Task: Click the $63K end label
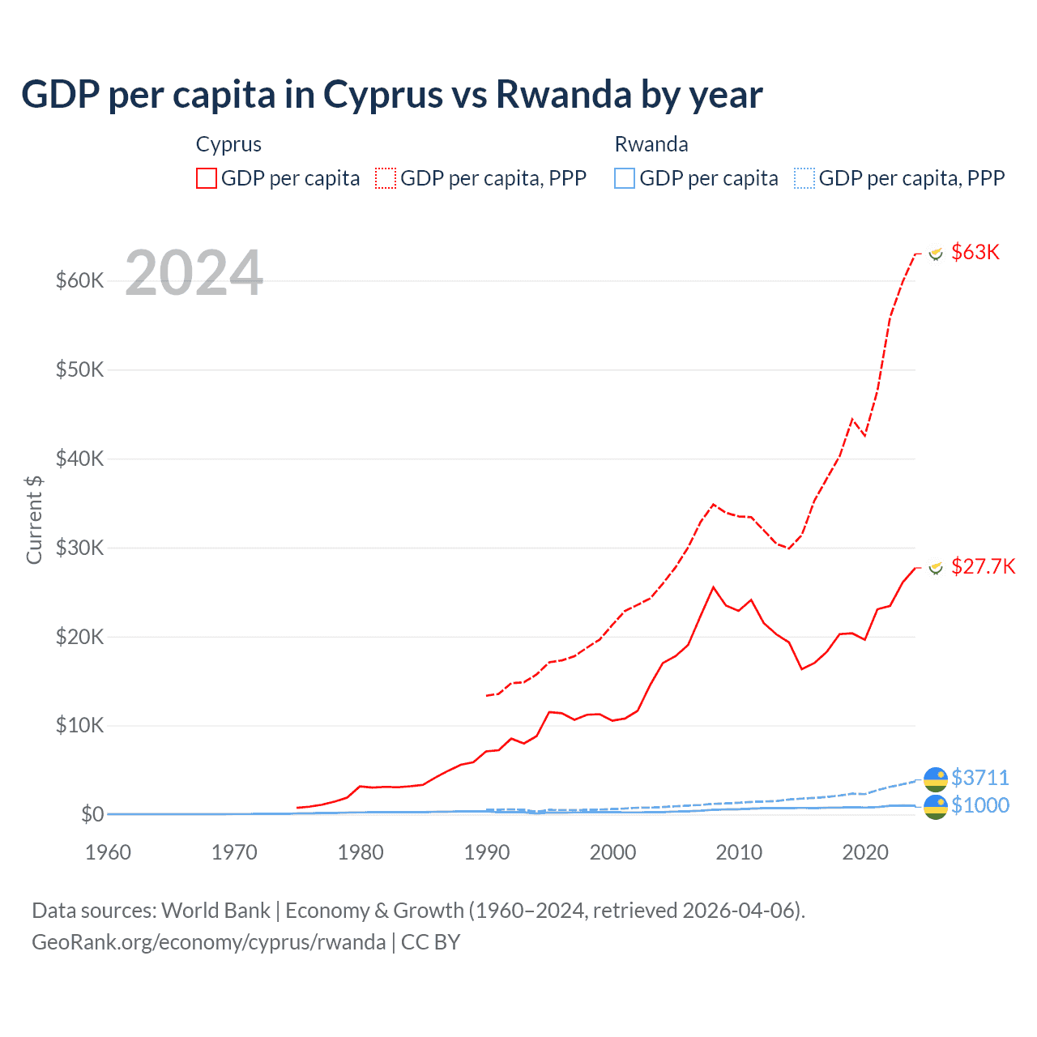pyautogui.click(x=975, y=252)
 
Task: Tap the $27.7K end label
pyautogui.click(x=982, y=566)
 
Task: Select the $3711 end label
pyautogui.click(x=979, y=778)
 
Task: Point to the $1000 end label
pyautogui.click(x=979, y=805)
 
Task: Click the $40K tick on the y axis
pyautogui.click(x=79, y=459)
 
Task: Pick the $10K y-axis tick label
pyautogui.click(x=79, y=725)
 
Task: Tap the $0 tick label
pyautogui.click(x=92, y=814)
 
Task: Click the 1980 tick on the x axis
pyautogui.click(x=361, y=852)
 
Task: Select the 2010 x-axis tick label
pyautogui.click(x=739, y=852)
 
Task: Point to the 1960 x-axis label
pyautogui.click(x=108, y=852)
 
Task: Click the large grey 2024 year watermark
pyautogui.click(x=194, y=273)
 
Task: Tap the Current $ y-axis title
pyautogui.click(x=34, y=519)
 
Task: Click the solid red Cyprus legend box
pyautogui.click(x=207, y=178)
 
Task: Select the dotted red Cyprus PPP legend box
pyautogui.click(x=386, y=178)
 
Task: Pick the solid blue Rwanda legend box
pyautogui.click(x=625, y=178)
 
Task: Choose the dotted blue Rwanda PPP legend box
pyautogui.click(x=804, y=178)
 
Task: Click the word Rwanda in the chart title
pyautogui.click(x=562, y=94)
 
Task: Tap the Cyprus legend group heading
pyautogui.click(x=228, y=144)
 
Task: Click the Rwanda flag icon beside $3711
pyautogui.click(x=936, y=778)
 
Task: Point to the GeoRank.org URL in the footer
pyautogui.click(x=208, y=942)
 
